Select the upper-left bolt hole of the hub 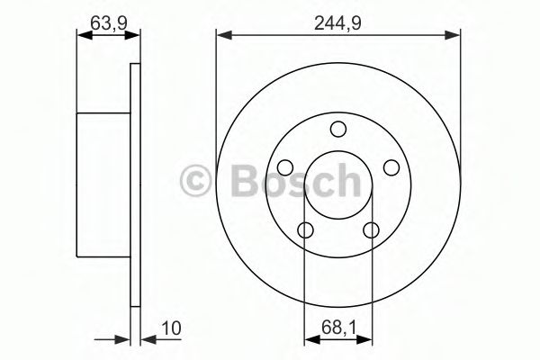tap(284, 166)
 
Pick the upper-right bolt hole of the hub tap(391, 166)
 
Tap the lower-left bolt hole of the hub tap(305, 229)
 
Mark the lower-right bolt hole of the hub tap(370, 229)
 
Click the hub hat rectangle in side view tap(103, 184)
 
